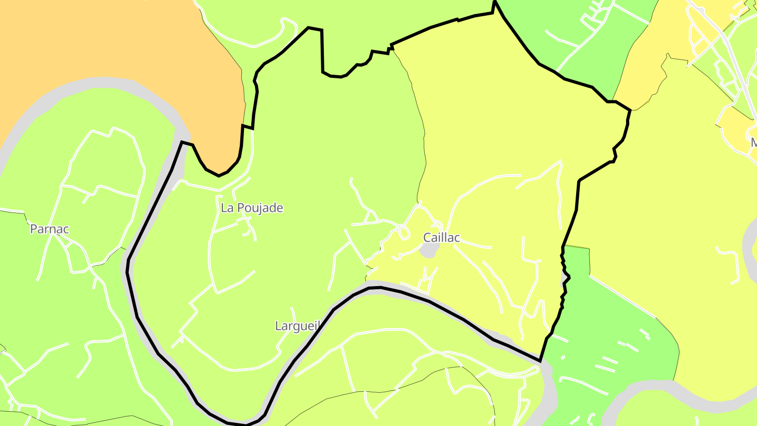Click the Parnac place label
coord(49,229)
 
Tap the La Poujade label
coord(252,208)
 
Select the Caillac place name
coord(442,238)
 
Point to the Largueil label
coord(298,326)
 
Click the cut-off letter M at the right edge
coord(753,143)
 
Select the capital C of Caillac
coord(427,238)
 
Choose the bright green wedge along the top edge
coord(568,32)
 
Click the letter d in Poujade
coord(273,208)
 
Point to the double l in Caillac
coord(443,238)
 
